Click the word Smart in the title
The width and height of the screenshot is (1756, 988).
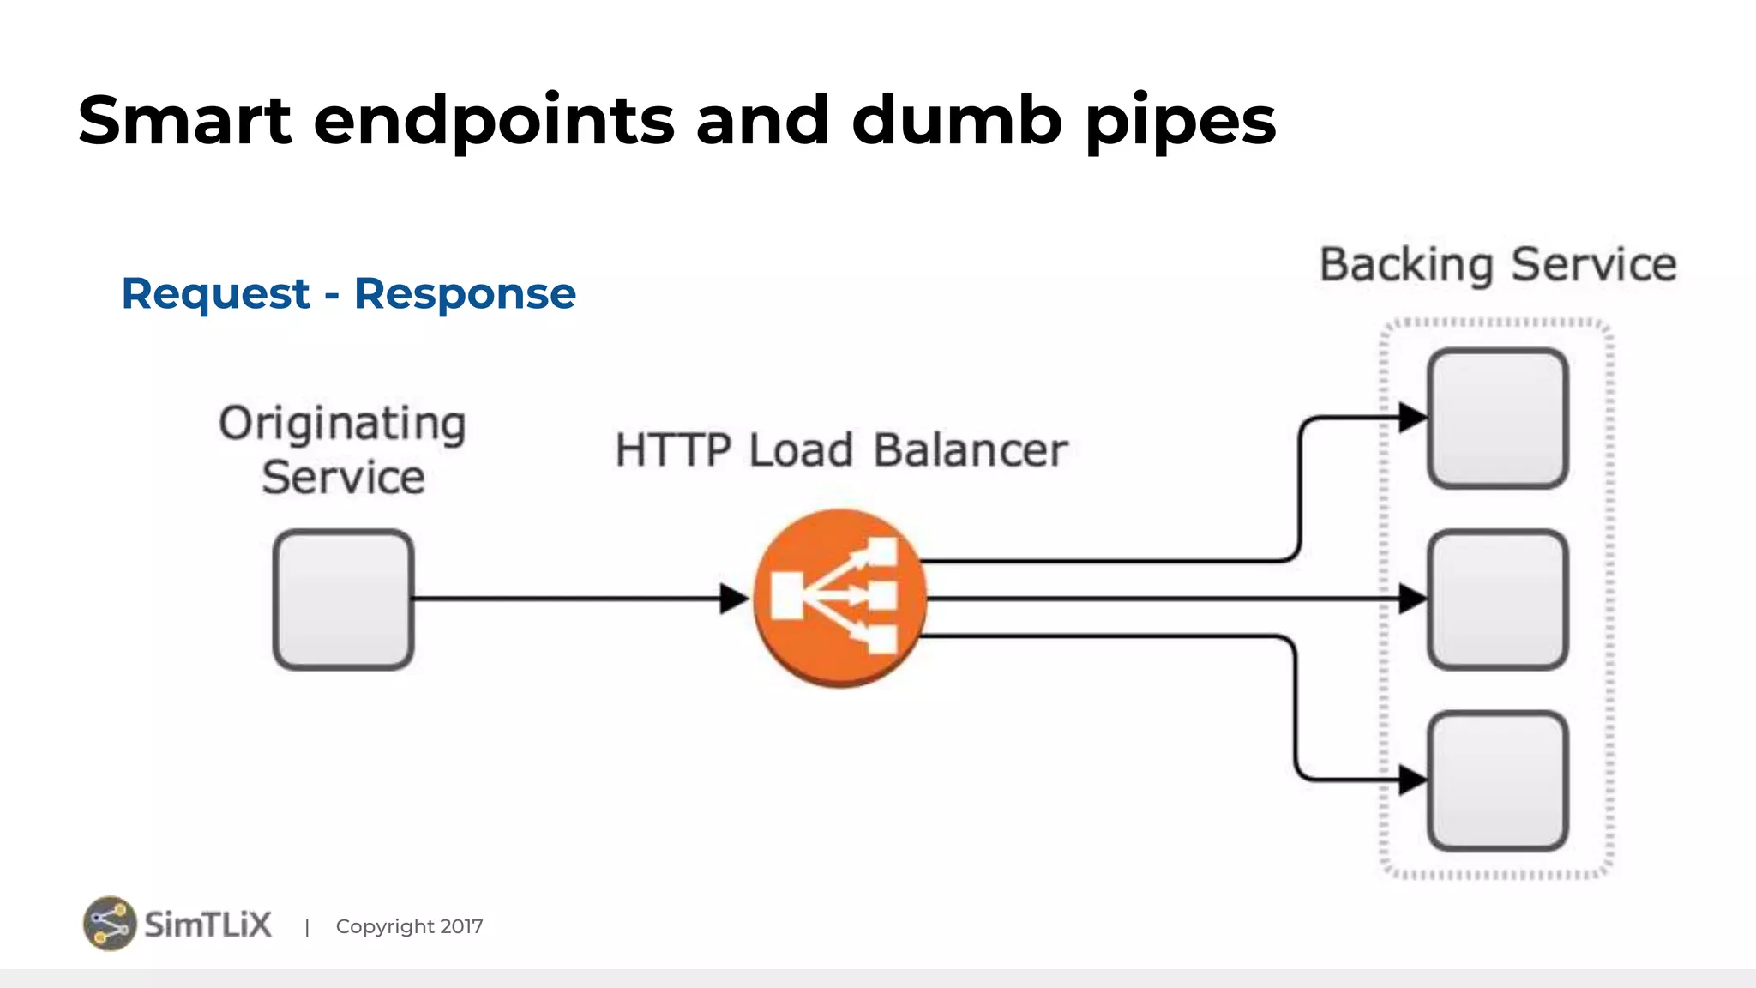click(184, 120)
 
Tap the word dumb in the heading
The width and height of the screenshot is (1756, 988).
click(957, 120)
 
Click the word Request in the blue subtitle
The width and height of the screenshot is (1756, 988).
click(215, 295)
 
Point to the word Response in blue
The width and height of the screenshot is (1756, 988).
click(465, 295)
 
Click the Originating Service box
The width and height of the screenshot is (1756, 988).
click(343, 599)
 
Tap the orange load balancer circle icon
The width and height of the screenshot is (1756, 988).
click(839, 598)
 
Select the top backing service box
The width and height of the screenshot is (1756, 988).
click(1497, 419)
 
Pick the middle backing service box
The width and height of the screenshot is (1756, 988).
click(1497, 599)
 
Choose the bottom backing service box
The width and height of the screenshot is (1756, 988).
click(1497, 780)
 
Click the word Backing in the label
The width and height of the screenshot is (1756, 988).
click(1406, 265)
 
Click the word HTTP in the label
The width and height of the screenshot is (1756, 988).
click(673, 450)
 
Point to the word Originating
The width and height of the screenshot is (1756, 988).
click(342, 424)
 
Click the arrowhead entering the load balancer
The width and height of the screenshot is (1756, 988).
click(734, 599)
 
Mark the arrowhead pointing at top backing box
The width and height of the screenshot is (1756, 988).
click(1412, 419)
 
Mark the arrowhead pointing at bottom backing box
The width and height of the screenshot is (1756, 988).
click(1412, 780)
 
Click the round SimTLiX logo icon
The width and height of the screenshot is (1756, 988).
click(110, 924)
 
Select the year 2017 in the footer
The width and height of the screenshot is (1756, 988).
click(461, 926)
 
